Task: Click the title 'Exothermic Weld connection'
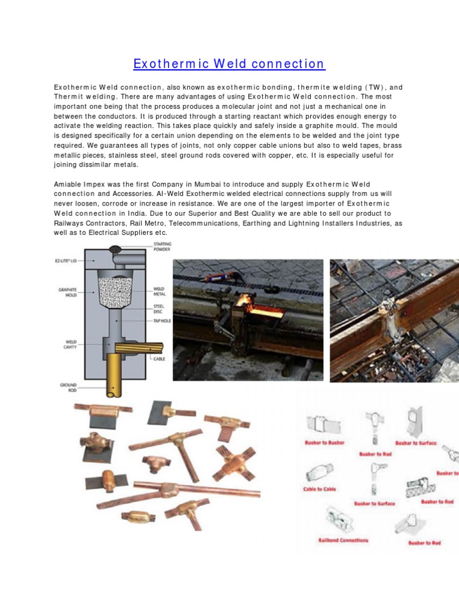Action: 229,64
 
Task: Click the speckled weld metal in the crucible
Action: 115,290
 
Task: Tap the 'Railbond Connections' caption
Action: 342,540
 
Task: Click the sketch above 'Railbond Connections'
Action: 339,518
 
